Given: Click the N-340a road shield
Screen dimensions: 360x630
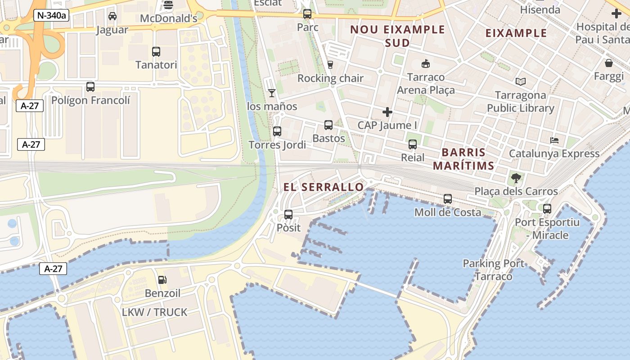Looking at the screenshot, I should click(x=51, y=16).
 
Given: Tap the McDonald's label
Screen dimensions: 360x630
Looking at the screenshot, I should click(x=169, y=18).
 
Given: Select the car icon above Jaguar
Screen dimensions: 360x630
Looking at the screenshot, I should click(x=112, y=16).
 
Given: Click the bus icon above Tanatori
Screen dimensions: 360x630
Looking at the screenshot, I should click(x=156, y=51).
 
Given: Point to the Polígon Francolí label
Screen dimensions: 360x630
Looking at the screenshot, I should click(x=90, y=100).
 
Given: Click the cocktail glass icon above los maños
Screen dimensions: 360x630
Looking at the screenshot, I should click(x=272, y=93).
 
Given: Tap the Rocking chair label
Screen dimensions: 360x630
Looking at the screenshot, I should click(x=330, y=78).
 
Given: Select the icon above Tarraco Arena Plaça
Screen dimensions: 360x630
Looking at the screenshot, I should click(x=426, y=64).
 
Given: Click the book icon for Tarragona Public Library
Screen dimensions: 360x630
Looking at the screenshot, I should click(x=521, y=82).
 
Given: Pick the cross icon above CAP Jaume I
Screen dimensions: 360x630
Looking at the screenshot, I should click(x=387, y=112).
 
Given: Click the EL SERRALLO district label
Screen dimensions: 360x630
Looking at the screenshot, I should click(x=324, y=187).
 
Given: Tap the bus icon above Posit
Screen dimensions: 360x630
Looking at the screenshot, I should click(x=288, y=215).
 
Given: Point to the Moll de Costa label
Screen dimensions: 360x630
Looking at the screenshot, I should click(x=448, y=212).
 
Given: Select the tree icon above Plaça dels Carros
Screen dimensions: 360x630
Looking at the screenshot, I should click(x=516, y=178).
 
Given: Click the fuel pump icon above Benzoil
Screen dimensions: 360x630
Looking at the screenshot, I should click(x=162, y=280).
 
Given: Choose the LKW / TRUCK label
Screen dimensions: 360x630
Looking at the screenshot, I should click(x=154, y=312).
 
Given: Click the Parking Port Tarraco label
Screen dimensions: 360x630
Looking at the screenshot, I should click(x=494, y=270).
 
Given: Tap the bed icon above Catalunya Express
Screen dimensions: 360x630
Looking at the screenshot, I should click(x=554, y=140).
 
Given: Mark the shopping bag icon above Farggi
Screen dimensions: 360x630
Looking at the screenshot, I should click(x=609, y=63).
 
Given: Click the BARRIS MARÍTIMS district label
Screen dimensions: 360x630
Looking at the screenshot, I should click(x=463, y=159).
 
